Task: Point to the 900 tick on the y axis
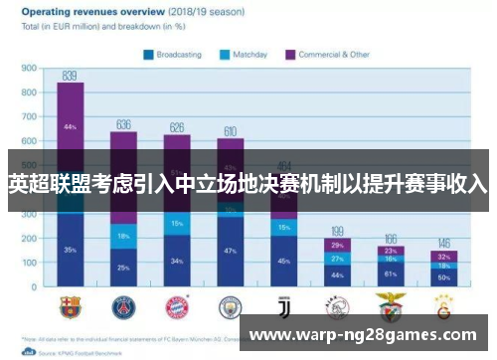pos(29,69)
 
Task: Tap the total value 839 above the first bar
pos(70,76)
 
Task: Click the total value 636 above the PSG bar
pos(123,124)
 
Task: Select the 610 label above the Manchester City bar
pos(230,131)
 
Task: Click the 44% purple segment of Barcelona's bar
pos(70,127)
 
